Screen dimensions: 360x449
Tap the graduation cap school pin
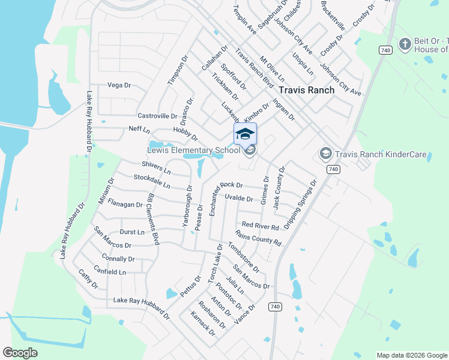click(245, 134)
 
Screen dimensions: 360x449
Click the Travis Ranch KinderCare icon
click(325, 154)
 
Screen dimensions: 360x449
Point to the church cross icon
click(405, 44)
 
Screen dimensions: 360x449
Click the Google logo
click(20, 353)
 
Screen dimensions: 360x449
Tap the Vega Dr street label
click(119, 85)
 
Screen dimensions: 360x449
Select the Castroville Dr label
click(157, 116)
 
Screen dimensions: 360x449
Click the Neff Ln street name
click(138, 129)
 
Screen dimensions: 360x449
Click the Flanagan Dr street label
click(125, 204)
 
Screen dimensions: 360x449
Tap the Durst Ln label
click(132, 232)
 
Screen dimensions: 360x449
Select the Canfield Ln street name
click(110, 272)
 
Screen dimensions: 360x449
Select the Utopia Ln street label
click(303, 62)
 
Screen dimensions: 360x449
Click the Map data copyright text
click(411, 355)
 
